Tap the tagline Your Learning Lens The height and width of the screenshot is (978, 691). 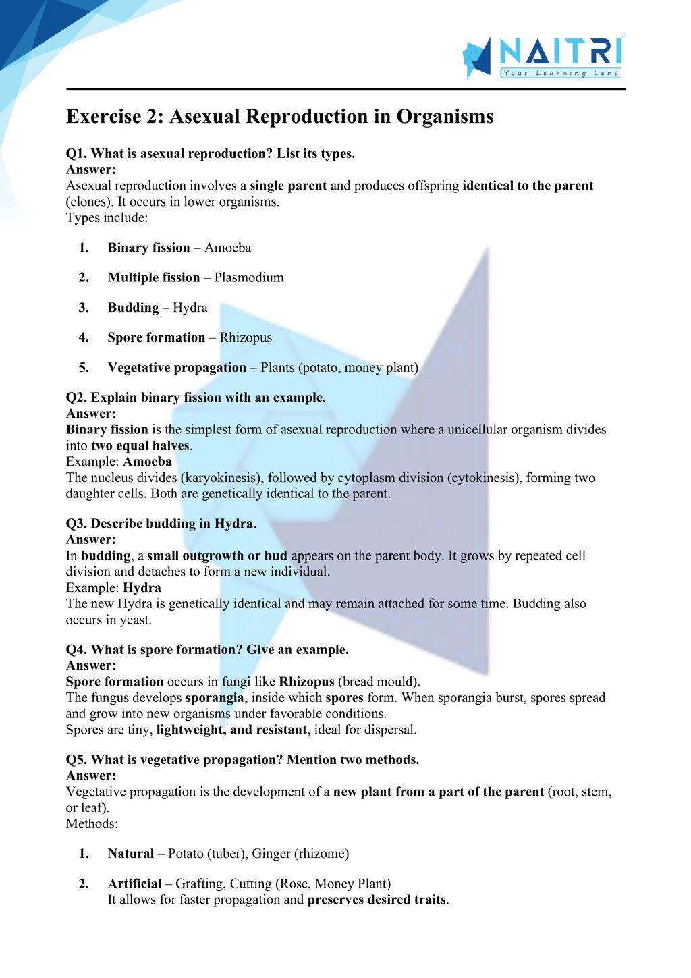point(561,73)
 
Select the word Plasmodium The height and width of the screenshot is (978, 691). point(249,277)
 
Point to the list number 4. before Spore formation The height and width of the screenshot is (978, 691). point(84,337)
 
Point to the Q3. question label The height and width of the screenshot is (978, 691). point(76,524)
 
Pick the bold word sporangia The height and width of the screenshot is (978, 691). point(215,698)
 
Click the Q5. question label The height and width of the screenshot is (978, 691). point(76,760)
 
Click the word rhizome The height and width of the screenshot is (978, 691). point(321,854)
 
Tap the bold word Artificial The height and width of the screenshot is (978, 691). point(134,884)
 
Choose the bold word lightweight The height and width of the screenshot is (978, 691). point(189,730)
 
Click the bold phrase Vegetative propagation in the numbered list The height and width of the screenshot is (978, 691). point(177,368)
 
